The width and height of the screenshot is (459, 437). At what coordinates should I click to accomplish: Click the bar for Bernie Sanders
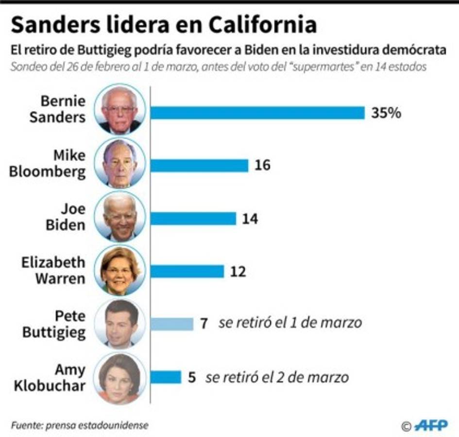pos(257,113)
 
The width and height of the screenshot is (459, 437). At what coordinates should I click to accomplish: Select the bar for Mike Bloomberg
pos(199,166)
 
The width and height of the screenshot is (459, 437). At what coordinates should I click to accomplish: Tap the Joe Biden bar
pos(193,218)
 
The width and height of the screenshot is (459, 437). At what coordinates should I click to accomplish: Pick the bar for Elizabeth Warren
pos(187,271)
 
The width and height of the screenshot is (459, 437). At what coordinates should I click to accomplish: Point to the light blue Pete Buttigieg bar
pos(171,324)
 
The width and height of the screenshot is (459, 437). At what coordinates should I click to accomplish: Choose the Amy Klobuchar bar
pos(166,377)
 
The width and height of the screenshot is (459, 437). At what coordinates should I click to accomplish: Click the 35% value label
pos(386,113)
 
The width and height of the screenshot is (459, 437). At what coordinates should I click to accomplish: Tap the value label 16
pos(262,166)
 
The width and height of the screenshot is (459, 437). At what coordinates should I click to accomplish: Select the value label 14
pos(250,218)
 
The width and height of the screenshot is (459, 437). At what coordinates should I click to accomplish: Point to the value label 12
pos(238,271)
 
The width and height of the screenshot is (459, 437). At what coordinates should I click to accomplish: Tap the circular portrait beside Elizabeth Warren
pos(120,270)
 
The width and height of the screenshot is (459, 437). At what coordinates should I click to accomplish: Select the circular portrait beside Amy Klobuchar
pos(119,378)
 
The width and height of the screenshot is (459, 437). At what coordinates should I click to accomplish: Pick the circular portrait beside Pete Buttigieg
pos(120,324)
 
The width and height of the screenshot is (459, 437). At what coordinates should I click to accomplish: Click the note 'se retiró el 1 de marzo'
pos(290,323)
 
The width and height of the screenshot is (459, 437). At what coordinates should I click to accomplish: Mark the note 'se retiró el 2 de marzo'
pos(277,377)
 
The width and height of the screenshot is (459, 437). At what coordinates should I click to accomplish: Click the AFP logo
pos(431,425)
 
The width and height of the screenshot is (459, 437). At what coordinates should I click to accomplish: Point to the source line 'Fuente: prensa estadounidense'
pos(79,425)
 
